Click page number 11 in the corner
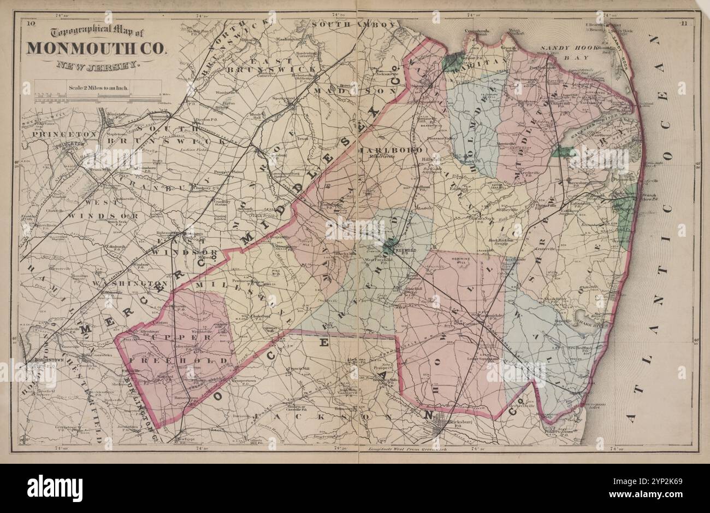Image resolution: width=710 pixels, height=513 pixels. [x=685, y=23]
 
